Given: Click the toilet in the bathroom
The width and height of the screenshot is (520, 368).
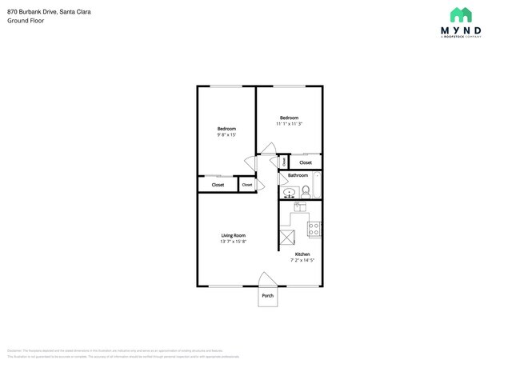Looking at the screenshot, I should pos(305,191).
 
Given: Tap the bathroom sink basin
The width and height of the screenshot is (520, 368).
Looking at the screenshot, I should pos(290,192).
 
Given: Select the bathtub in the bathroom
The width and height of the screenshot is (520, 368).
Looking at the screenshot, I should pos(317,185).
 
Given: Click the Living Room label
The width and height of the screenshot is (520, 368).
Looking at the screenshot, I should pos(234,235).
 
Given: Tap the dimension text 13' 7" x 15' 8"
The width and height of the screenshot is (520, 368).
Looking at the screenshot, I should pos(234,242).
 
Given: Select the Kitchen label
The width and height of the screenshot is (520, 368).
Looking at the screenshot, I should pos(302,254).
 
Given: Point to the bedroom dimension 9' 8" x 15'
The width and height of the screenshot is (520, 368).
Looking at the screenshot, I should pos(226,135).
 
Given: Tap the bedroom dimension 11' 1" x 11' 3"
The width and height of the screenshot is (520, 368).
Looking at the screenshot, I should pos(289,124).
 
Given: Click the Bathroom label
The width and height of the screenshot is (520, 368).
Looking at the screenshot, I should pos(298,175).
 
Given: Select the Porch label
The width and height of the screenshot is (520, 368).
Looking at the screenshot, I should pos(267,296).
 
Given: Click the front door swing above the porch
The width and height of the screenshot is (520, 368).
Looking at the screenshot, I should pos(267,279).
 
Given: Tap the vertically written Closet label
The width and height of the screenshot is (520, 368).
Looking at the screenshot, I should pos(284,162).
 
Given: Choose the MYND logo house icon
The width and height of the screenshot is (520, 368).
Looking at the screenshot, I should pos(460,14).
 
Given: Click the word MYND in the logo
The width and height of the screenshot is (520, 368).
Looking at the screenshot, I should pos(460,30).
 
